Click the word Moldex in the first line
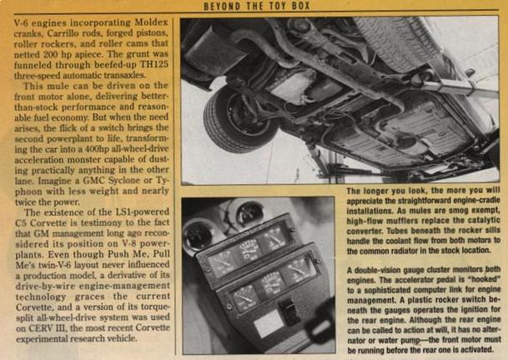[x=151, y=22]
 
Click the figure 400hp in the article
[x=94, y=149]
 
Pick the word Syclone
[x=125, y=180]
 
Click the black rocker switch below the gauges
[x=289, y=311]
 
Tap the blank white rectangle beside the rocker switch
[x=269, y=324]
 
